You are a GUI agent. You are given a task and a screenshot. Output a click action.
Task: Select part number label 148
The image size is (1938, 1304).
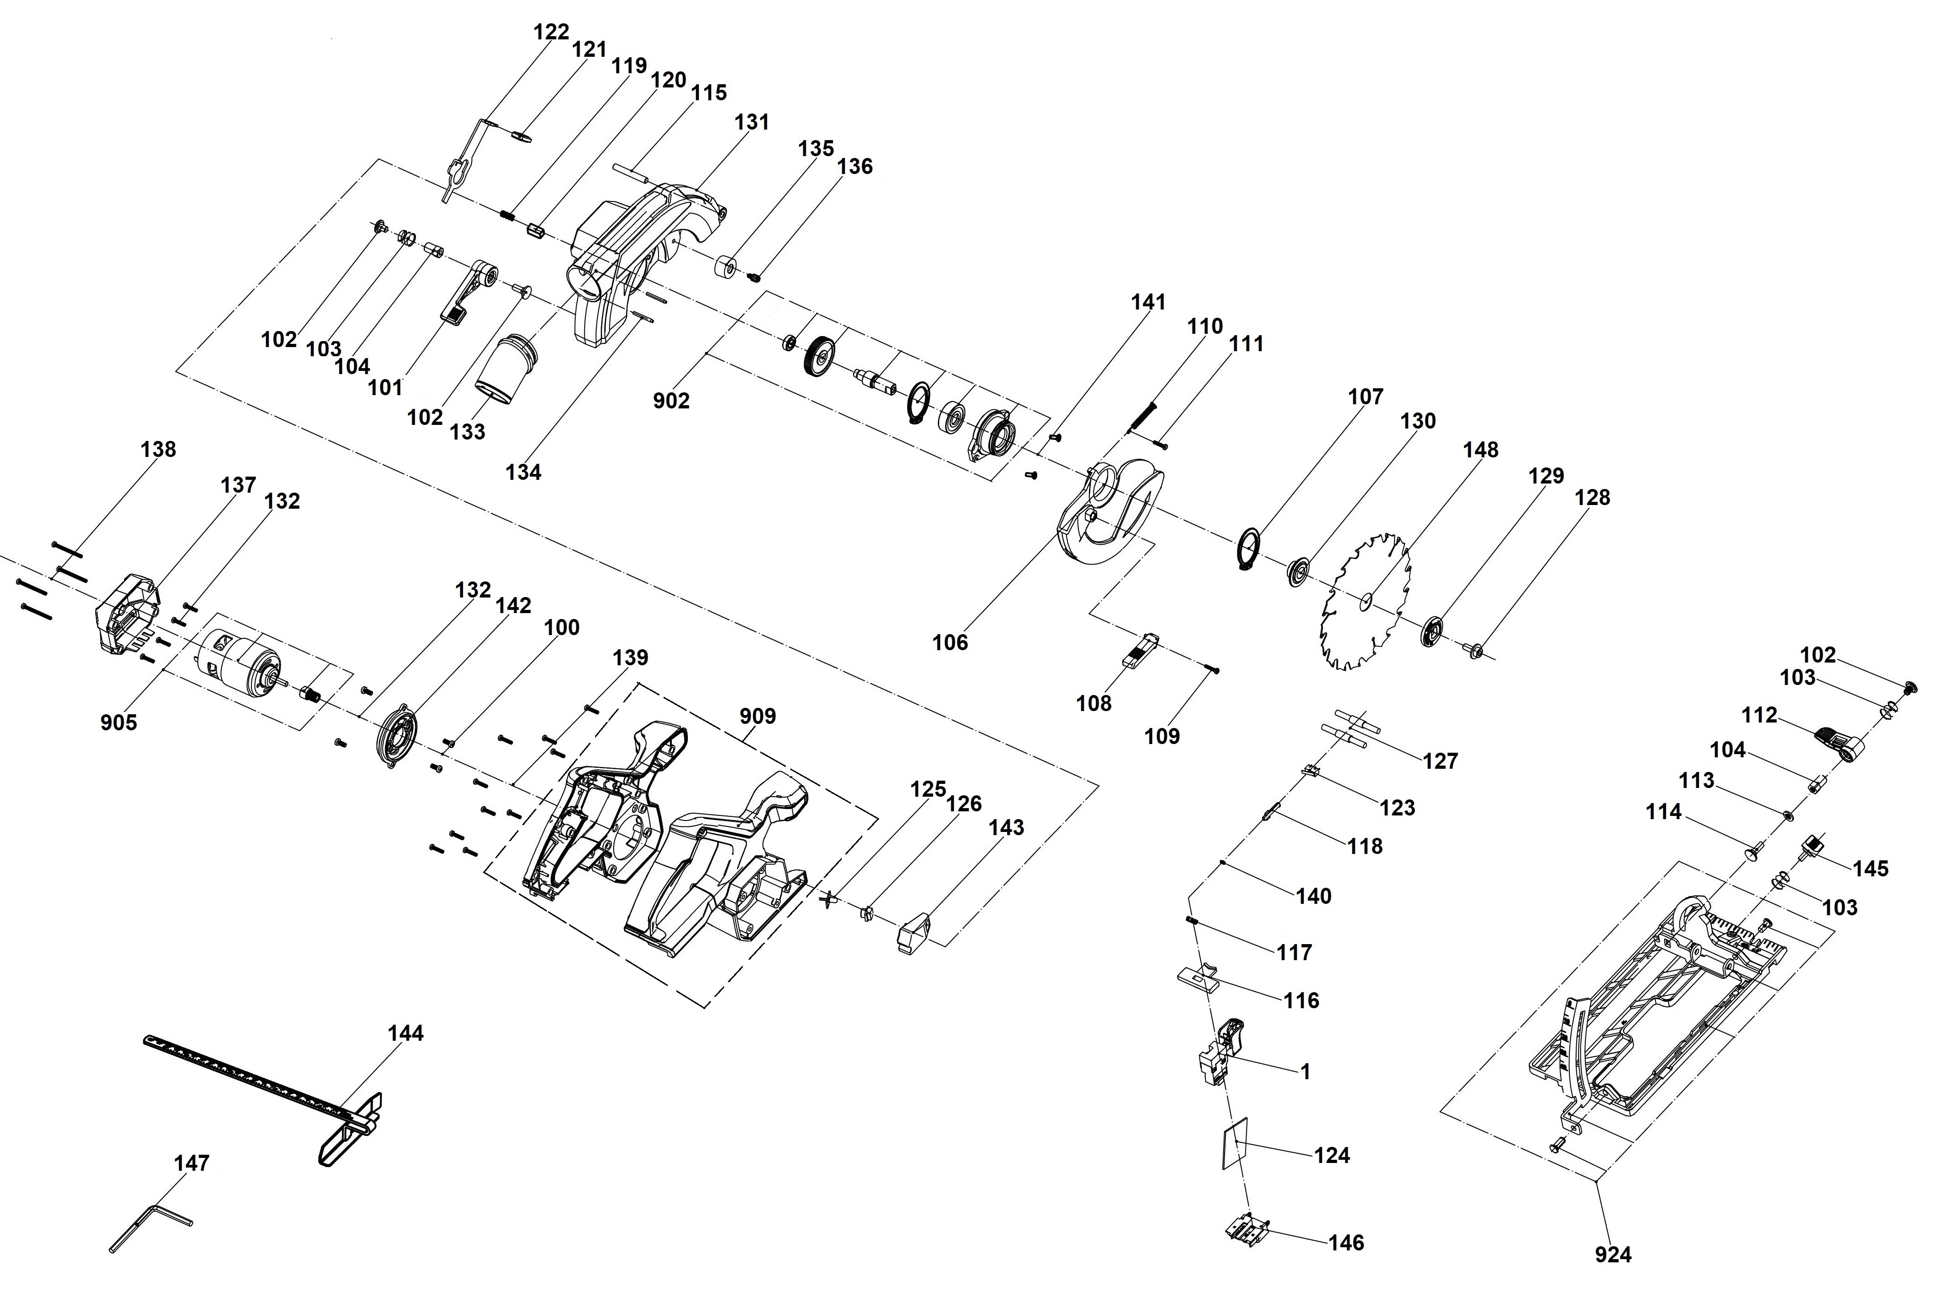[x=1481, y=450]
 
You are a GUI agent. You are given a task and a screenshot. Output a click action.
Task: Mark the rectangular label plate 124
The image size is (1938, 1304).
[x=1235, y=1143]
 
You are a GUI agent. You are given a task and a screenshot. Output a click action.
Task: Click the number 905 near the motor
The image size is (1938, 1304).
[x=119, y=723]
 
